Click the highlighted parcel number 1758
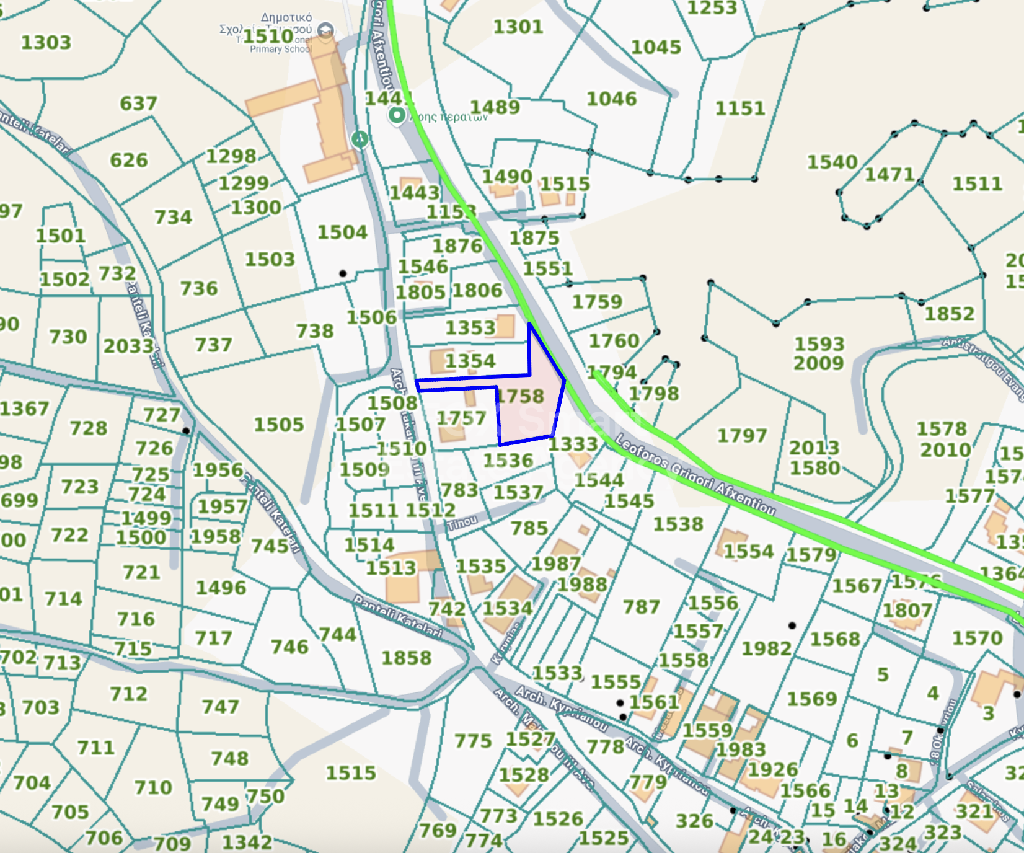(x=521, y=396)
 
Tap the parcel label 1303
(x=46, y=42)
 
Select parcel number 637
(x=138, y=103)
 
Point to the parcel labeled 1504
(x=342, y=232)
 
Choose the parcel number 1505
(x=279, y=425)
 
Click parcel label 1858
(x=406, y=658)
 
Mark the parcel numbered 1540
(x=832, y=162)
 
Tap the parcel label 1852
(x=950, y=314)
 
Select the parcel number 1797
(x=742, y=436)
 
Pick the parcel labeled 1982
(x=767, y=648)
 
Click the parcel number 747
(x=220, y=707)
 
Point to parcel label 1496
(x=221, y=588)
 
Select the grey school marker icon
(x=325, y=30)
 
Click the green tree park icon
(x=360, y=139)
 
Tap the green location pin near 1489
(x=397, y=115)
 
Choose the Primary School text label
(x=280, y=49)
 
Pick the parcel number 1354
(x=470, y=361)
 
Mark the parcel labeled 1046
(x=611, y=99)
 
